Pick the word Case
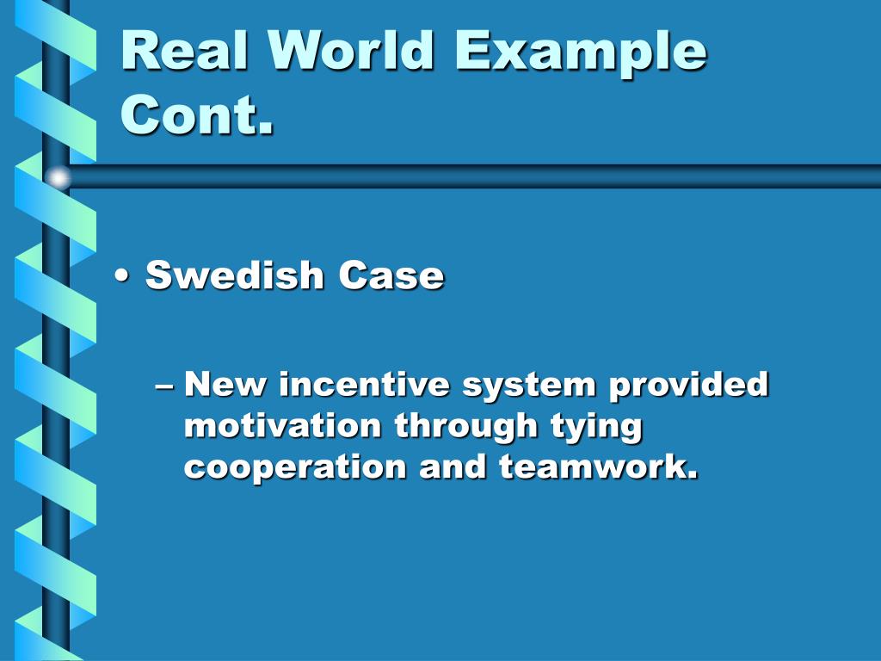click(x=391, y=275)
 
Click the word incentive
click(x=364, y=384)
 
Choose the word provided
click(x=688, y=384)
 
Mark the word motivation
click(x=282, y=425)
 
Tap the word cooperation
click(x=295, y=468)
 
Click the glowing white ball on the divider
click(x=58, y=177)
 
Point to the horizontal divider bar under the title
click(x=473, y=176)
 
